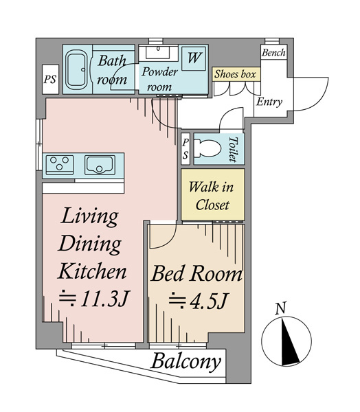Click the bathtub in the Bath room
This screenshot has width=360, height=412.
pyautogui.click(x=76, y=69)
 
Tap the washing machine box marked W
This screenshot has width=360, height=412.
pyautogui.click(x=194, y=58)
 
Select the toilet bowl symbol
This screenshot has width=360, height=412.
pyautogui.click(x=207, y=148)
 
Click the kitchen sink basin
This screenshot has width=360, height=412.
pyautogui.click(x=100, y=165)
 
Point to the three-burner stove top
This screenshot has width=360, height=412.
pyautogui.click(x=60, y=165)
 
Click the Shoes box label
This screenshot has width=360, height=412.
pyautogui.click(x=235, y=74)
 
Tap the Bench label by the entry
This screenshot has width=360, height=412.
pyautogui.click(x=273, y=53)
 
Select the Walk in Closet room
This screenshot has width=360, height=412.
pyautogui.click(x=213, y=194)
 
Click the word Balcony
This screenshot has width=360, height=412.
pyautogui.click(x=185, y=362)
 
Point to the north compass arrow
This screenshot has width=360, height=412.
pyautogui.click(x=289, y=341)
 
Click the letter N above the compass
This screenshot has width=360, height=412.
pyautogui.click(x=280, y=308)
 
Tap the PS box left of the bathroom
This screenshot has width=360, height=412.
pyautogui.click(x=50, y=80)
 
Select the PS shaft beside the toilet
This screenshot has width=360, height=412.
pyautogui.click(x=185, y=149)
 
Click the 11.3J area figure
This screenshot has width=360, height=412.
pyautogui.click(x=94, y=299)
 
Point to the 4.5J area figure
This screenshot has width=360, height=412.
pyautogui.click(x=198, y=301)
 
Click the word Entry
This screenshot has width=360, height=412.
pyautogui.click(x=269, y=102)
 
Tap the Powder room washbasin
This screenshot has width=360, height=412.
pyautogui.click(x=158, y=52)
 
